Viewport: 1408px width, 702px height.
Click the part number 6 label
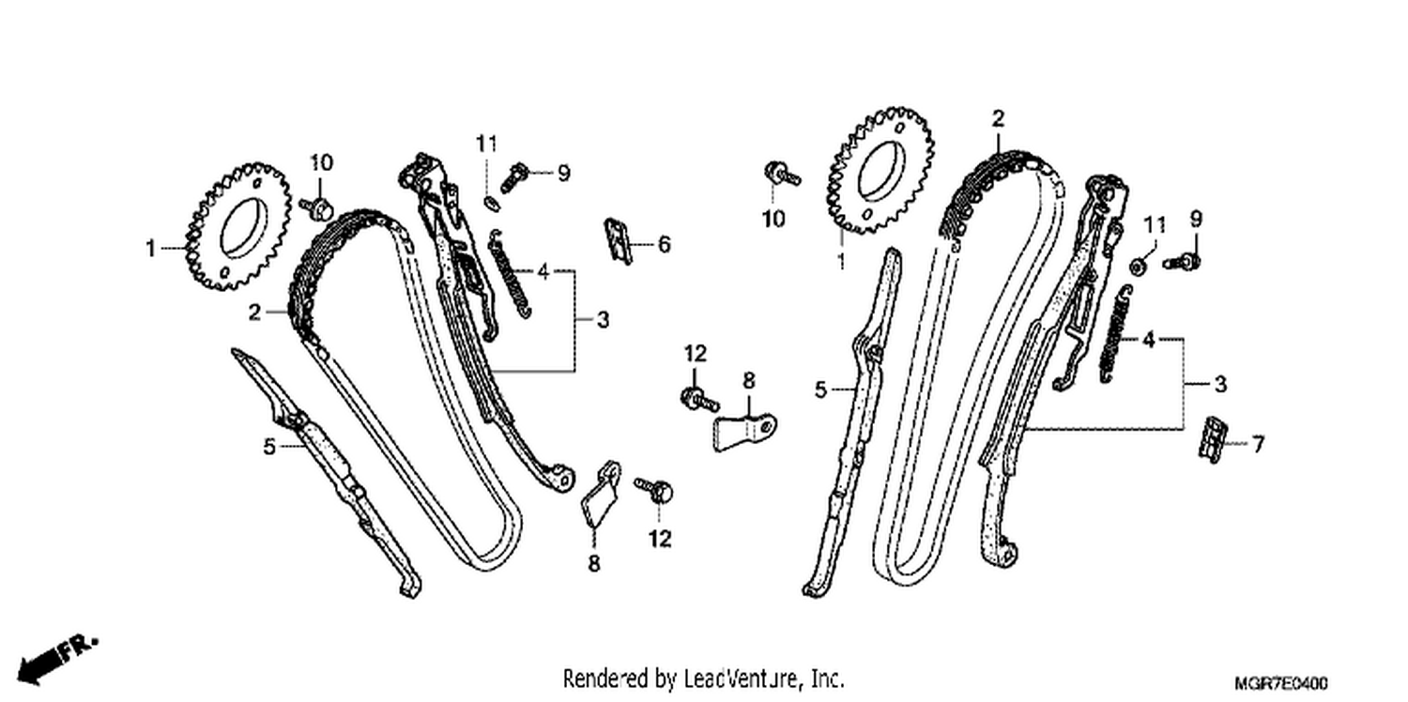[x=664, y=244]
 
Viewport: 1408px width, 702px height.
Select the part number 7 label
[x=1257, y=444]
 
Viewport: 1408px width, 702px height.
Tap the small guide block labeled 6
[x=619, y=241]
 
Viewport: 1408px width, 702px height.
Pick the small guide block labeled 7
[x=1213, y=439]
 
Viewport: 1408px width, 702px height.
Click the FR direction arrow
[x=55, y=661]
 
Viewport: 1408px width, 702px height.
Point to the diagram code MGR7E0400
[x=1281, y=683]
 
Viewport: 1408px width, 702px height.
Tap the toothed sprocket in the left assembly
[x=238, y=227]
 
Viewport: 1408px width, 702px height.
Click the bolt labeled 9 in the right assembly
[x=1182, y=262]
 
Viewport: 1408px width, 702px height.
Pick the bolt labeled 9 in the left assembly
[x=515, y=176]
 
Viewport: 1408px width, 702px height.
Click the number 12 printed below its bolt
[x=660, y=539]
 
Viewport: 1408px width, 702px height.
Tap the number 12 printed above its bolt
[x=696, y=354]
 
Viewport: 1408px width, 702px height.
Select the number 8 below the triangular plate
[x=594, y=563]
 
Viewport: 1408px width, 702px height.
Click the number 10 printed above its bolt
[x=321, y=162]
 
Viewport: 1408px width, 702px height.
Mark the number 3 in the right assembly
[x=1220, y=384]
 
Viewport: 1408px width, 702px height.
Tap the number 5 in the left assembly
[x=269, y=447]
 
